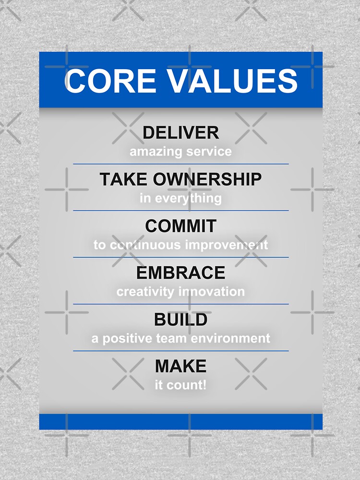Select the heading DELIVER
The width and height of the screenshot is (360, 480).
pyautogui.click(x=180, y=132)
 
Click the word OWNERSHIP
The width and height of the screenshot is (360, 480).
pyautogui.click(x=207, y=180)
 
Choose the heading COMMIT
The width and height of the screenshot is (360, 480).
pyautogui.click(x=180, y=226)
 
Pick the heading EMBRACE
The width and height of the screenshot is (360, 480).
pyautogui.click(x=180, y=273)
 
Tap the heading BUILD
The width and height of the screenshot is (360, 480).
pyautogui.click(x=180, y=320)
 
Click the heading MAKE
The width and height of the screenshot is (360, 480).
pyautogui.click(x=180, y=366)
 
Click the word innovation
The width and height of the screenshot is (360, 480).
pyautogui.click(x=212, y=291)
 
